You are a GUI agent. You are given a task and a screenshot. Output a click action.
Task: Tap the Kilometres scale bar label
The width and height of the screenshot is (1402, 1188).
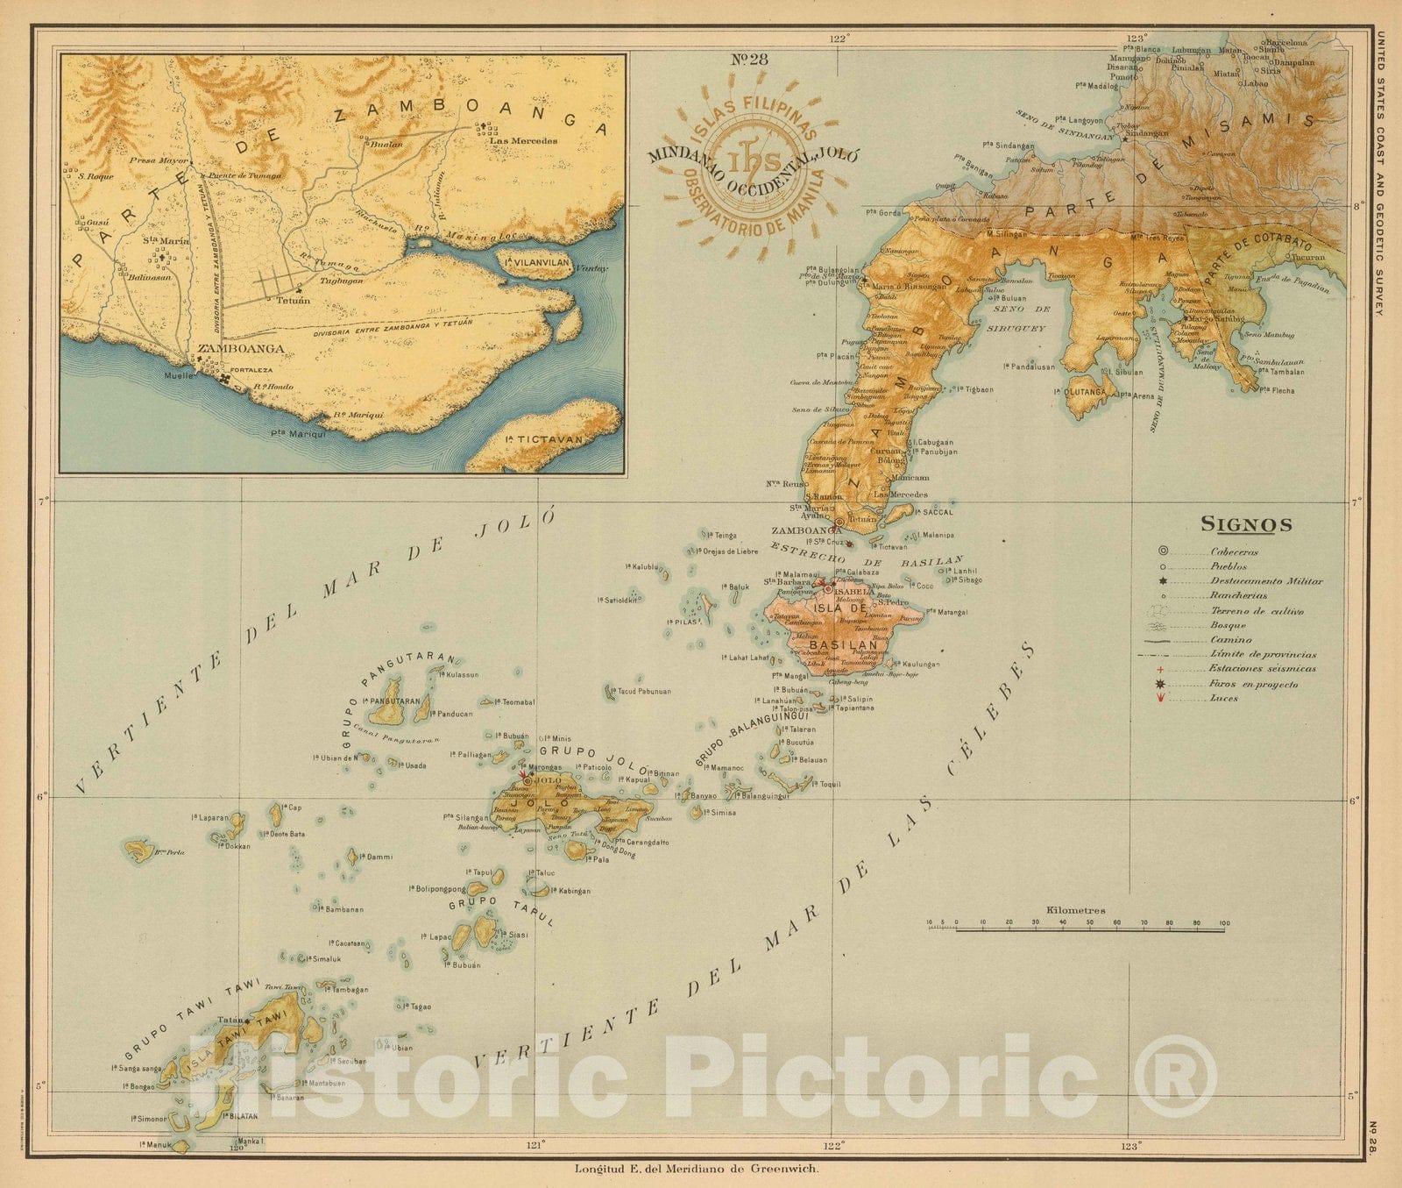[x=1075, y=911]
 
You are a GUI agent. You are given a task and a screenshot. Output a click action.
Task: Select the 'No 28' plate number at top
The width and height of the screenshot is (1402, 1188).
[x=749, y=60]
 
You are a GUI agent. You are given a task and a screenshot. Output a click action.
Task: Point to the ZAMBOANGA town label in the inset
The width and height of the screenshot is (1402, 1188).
[x=229, y=348]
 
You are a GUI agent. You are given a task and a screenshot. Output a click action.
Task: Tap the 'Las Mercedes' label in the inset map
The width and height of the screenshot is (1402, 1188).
[x=523, y=140]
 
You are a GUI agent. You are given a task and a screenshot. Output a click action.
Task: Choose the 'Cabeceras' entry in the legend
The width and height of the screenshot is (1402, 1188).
[x=1235, y=551]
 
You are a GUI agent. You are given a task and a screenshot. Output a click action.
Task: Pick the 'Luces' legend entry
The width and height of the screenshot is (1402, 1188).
[x=1224, y=698]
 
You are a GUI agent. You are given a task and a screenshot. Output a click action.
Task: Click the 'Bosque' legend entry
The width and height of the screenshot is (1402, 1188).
[x=1229, y=625]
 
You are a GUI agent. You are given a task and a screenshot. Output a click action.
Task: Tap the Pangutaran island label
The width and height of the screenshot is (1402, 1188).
[x=397, y=701]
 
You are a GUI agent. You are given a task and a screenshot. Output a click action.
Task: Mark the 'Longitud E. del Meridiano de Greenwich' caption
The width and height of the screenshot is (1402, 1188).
[x=697, y=1168]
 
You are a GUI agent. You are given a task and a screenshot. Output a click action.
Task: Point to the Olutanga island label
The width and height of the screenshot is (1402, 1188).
[x=1087, y=392]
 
